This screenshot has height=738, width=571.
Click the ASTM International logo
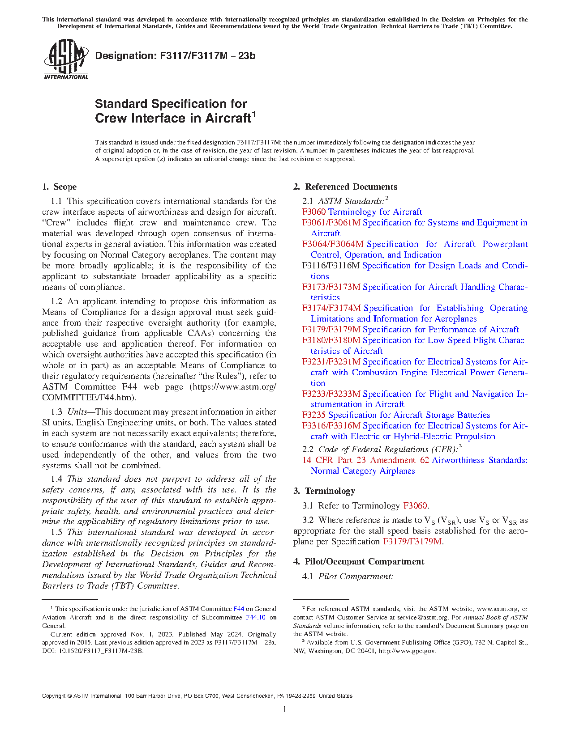pos(66,59)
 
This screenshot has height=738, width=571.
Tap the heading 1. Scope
pos(60,187)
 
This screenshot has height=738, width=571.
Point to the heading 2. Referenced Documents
pos(345,187)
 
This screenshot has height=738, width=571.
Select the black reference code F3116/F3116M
pos(331,266)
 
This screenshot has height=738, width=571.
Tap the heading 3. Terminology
pos(324,491)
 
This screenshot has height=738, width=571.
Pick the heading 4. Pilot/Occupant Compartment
pos(359,562)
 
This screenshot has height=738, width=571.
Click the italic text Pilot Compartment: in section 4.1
pos(356,577)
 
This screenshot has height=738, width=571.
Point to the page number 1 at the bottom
pos(285,709)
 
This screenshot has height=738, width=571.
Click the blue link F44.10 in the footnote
pos(256,618)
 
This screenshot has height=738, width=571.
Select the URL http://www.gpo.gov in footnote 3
pos(407,651)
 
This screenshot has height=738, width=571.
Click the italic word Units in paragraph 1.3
pos(77,412)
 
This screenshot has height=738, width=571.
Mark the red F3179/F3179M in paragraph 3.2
pos(412,542)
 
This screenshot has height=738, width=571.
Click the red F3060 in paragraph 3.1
pos(415,506)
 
